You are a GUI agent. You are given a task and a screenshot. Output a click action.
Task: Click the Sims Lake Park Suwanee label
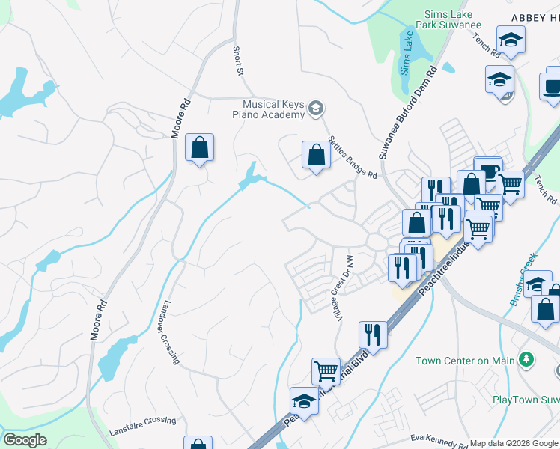pyautogui.click(x=452, y=19)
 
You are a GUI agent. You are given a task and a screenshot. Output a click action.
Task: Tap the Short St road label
pyautogui.click(x=238, y=60)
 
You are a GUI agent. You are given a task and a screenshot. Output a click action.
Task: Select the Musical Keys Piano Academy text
pyautogui.click(x=273, y=109)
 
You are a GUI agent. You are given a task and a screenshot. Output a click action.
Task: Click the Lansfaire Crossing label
pyautogui.click(x=142, y=427)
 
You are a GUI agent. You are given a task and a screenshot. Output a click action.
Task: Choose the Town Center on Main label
pyautogui.click(x=466, y=361)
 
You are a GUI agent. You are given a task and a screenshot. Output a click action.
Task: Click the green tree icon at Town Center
pyautogui.click(x=527, y=360)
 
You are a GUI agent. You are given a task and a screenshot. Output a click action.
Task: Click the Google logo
pyautogui.click(x=25, y=439)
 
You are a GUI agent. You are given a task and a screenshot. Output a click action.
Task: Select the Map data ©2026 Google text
pyautogui.click(x=514, y=443)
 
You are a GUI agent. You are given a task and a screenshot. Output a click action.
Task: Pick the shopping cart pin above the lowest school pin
pyautogui.click(x=326, y=370)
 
